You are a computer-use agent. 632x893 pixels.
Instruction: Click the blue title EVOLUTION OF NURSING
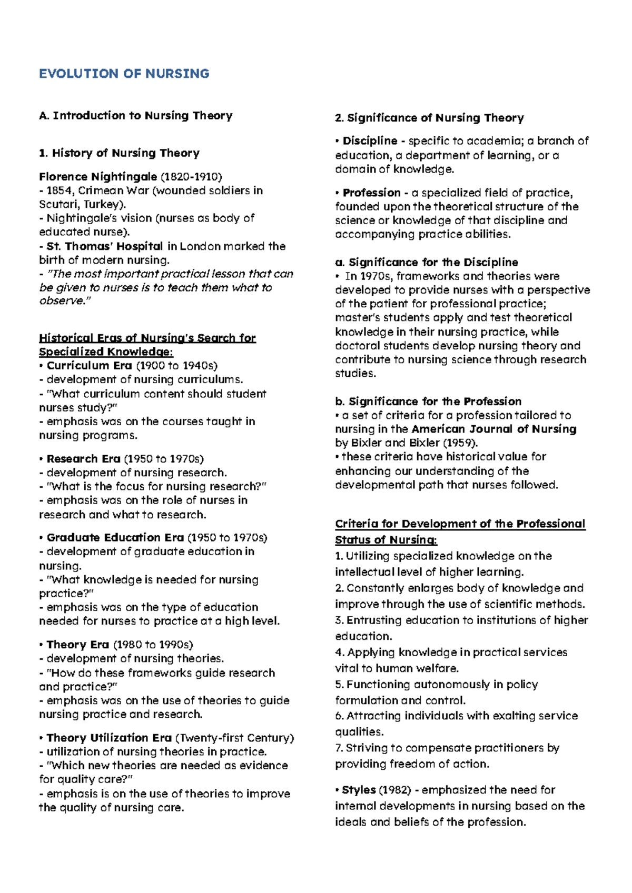tap(124, 74)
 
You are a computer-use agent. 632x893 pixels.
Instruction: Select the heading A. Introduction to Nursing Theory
tap(135, 116)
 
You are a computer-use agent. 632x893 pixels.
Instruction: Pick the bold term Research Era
tap(83, 459)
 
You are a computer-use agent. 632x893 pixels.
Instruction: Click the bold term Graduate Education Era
tap(115, 538)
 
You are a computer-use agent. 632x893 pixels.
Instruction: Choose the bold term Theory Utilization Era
tap(109, 738)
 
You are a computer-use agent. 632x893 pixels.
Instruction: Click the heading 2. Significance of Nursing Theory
tap(429, 118)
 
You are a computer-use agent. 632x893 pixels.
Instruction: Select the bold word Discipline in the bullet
tap(370, 141)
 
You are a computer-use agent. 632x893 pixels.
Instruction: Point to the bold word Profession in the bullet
tap(371, 193)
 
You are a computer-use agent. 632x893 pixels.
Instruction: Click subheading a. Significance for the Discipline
tap(427, 263)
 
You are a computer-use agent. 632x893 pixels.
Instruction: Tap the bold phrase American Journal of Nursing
tap(494, 429)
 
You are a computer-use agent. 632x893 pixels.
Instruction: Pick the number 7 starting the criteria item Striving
tap(338, 748)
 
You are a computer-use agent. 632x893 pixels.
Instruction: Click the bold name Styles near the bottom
tap(358, 790)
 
